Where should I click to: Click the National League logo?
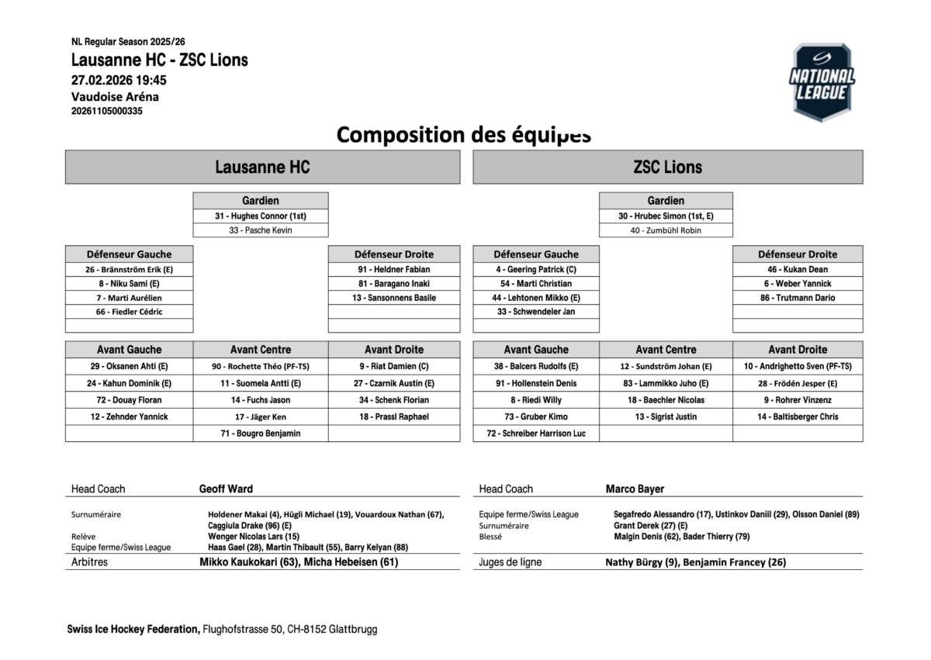pos(822,82)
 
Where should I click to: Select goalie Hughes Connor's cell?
pos(261,216)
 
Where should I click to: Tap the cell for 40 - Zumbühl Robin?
pos(666,230)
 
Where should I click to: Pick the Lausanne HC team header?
pos(262,167)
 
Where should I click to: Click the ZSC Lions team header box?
pos(667,167)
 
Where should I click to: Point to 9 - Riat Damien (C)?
pos(394,366)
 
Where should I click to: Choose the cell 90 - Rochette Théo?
pos(261,366)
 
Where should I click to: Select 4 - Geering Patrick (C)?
pos(536,269)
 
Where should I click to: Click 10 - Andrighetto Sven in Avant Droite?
pos(798,366)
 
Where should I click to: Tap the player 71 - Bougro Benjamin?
pos(261,434)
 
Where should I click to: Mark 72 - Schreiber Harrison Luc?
pos(536,434)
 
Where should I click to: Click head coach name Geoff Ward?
pos(226,489)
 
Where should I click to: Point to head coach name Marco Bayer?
pos(635,489)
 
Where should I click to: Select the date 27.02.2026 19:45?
pos(119,80)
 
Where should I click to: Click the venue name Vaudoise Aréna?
pos(115,97)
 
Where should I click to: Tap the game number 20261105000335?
pos(107,111)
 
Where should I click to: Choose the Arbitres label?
pos(89,562)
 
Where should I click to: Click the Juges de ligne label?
pos(510,562)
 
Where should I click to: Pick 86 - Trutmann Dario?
pos(798,298)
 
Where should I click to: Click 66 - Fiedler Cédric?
pos(130,312)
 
